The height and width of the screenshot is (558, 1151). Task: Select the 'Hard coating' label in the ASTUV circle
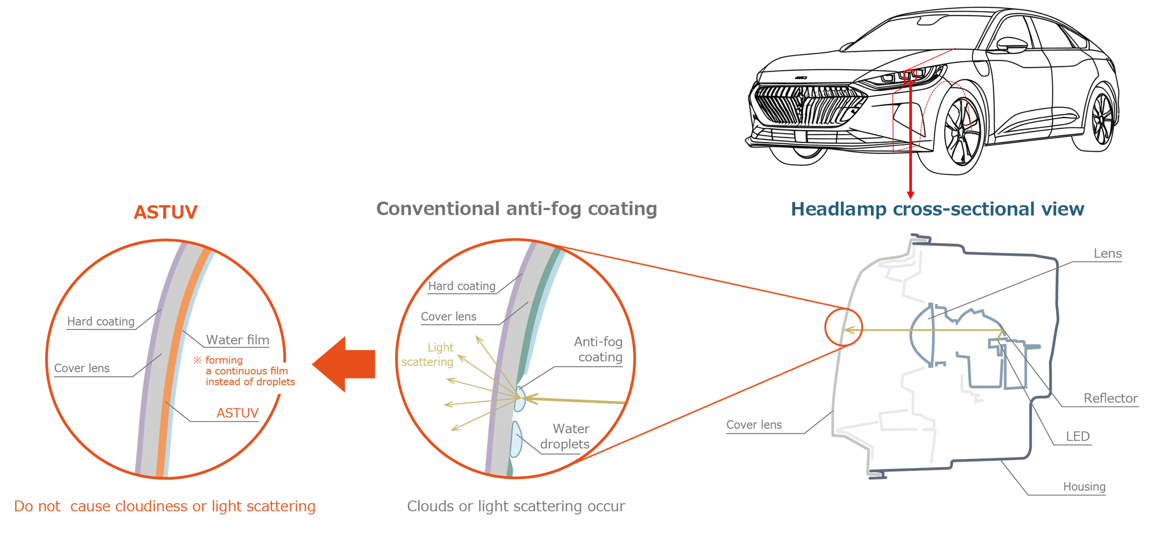point(101,322)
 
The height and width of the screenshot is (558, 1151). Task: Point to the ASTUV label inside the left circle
point(237,413)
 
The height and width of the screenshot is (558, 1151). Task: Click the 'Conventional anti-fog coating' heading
point(516,209)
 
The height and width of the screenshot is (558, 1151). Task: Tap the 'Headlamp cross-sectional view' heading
point(938,209)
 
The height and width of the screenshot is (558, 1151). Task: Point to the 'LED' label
point(1077,435)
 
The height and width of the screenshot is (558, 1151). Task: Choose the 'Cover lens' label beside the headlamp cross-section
point(754,424)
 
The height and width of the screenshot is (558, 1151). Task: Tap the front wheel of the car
point(962,132)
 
